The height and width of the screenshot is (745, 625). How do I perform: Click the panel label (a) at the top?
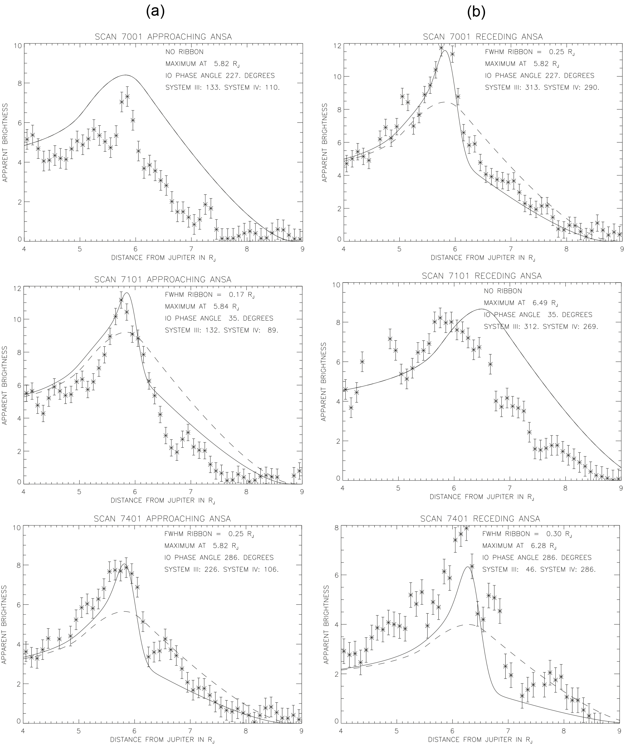(155, 12)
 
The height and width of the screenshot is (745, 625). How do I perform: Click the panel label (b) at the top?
(476, 12)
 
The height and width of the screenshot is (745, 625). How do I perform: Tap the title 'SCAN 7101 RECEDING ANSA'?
(482, 276)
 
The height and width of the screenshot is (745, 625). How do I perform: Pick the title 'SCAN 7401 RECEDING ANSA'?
(480, 519)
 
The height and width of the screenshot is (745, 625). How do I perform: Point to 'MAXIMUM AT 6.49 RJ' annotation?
(521, 303)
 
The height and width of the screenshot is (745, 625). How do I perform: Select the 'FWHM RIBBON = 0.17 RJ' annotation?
(210, 295)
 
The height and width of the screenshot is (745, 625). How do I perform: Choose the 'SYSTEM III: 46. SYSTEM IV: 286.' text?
(539, 569)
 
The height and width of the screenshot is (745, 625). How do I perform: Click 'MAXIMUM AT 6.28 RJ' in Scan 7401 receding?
(519, 546)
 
